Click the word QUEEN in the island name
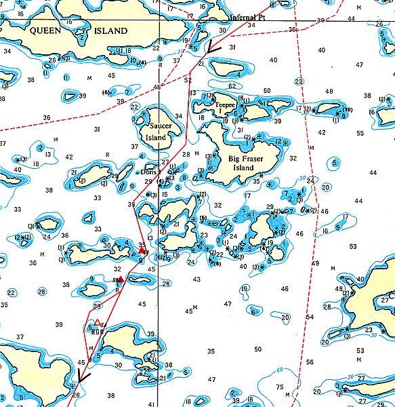coord(45,31)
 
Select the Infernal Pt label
coord(247,18)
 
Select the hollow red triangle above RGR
coord(98,323)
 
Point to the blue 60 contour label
coord(280,370)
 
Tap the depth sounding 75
coord(280,387)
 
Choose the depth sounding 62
coord(232,86)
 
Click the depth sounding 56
coord(310,362)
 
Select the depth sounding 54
coord(310,317)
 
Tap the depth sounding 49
coord(314,263)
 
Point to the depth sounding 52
coord(188,81)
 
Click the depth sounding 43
coord(196,279)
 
